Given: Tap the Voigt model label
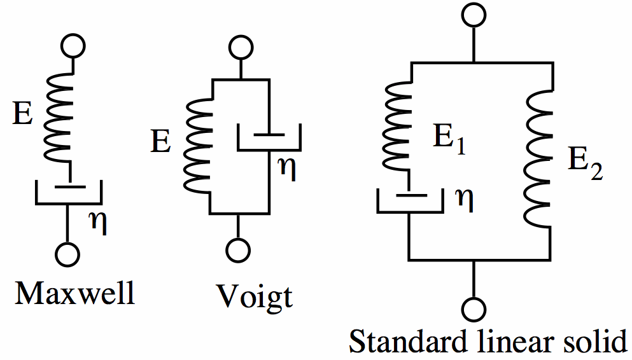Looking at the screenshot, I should coord(254,296).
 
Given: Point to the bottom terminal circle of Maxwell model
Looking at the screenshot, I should coord(67,253).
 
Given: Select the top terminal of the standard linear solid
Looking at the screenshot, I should coord(473,14).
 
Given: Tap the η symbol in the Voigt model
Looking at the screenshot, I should coord(288,170).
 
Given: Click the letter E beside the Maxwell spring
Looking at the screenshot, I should coord(24,117).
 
